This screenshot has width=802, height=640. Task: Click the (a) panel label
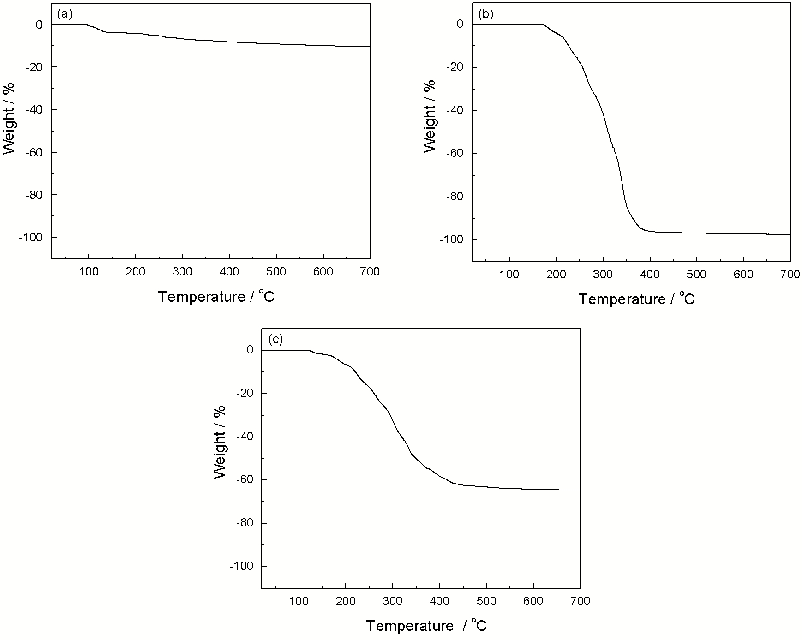click(x=65, y=14)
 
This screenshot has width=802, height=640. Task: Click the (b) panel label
click(x=485, y=14)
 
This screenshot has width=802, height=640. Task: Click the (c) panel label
click(x=275, y=340)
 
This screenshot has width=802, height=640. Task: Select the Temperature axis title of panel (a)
click(x=216, y=297)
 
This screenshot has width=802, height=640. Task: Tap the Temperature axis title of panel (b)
click(x=636, y=299)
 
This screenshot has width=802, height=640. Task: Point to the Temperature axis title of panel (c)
click(x=426, y=626)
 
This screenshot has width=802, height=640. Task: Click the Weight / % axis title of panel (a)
click(x=9, y=119)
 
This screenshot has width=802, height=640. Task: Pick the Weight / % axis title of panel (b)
click(x=430, y=116)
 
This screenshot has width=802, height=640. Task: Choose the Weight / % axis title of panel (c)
click(x=220, y=442)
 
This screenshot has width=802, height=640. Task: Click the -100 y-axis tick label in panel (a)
click(x=30, y=238)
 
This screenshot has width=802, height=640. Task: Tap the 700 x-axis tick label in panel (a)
click(x=370, y=272)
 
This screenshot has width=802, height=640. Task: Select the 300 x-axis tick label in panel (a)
click(x=183, y=272)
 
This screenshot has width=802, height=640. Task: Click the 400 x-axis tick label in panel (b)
click(x=650, y=275)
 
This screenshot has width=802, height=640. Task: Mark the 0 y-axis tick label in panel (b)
click(x=460, y=24)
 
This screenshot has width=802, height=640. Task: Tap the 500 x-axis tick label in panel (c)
click(x=486, y=601)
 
